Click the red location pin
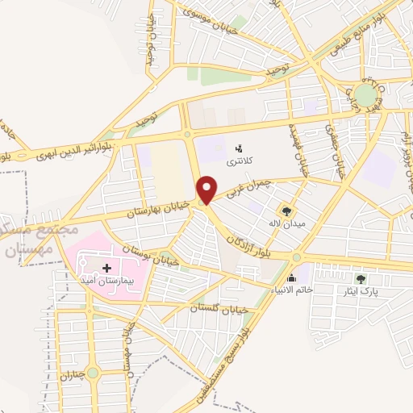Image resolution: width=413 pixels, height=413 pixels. click(x=209, y=189)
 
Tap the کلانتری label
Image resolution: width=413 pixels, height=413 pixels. click(x=238, y=161)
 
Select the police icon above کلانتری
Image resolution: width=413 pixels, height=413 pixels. click(x=238, y=148)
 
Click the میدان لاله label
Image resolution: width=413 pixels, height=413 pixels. click(x=290, y=224)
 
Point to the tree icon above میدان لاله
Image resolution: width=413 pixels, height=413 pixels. click(x=290, y=211)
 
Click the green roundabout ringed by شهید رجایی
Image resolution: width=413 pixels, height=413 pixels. click(x=367, y=95)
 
